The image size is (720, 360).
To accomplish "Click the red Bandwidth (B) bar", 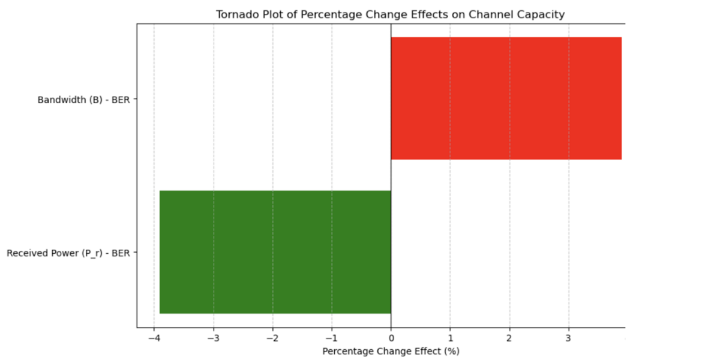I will pyautogui.click(x=506, y=98).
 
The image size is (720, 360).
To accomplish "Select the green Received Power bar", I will pyautogui.click(x=275, y=252).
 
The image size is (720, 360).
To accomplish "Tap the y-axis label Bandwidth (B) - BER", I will pyautogui.click(x=84, y=100).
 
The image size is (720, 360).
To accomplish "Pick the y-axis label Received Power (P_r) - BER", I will pyautogui.click(x=68, y=253).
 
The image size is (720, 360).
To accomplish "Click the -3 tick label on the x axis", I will pyautogui.click(x=213, y=337).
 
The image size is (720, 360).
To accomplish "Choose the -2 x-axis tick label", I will pyautogui.click(x=272, y=337).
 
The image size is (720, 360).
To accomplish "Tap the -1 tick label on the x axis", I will pyautogui.click(x=331, y=337).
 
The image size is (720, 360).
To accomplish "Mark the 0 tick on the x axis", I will pyautogui.click(x=391, y=337).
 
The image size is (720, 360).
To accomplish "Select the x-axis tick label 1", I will pyautogui.click(x=450, y=337).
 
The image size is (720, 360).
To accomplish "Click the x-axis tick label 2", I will pyautogui.click(x=509, y=337).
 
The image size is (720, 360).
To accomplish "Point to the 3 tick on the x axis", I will pyautogui.click(x=568, y=337).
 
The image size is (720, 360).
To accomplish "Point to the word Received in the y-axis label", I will pyautogui.click(x=26, y=253).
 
